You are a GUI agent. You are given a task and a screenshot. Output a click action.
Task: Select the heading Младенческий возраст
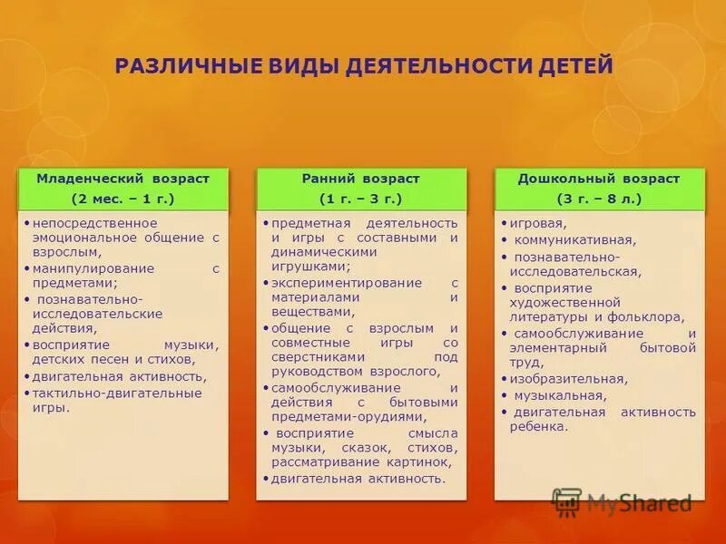point(123,179)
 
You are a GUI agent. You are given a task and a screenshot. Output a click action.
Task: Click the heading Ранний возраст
point(361,179)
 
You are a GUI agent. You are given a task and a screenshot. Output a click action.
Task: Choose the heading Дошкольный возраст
point(598,179)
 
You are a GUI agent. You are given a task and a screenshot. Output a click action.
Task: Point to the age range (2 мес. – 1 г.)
point(123,198)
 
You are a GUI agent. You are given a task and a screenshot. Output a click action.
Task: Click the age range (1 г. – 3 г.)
point(361,198)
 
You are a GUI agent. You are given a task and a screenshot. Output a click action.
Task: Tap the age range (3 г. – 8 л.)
point(598,198)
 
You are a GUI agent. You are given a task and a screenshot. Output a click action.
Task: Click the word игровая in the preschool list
point(538,223)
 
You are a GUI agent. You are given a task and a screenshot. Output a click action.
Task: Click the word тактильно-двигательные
point(117,393)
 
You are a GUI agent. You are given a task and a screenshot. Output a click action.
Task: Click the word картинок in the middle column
point(421,461)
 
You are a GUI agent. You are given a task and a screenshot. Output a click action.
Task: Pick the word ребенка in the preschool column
point(538,426)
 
